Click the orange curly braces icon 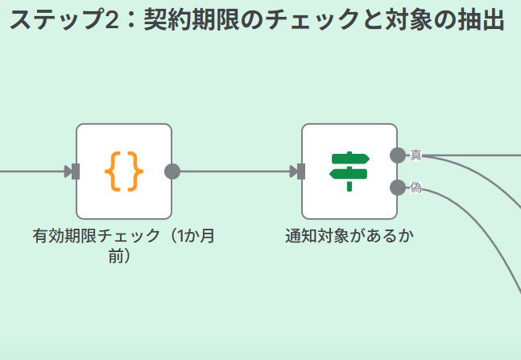pyautogui.click(x=124, y=172)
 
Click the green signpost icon pyautogui.click(x=349, y=172)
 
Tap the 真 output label pyautogui.click(x=416, y=155)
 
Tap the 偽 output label pyautogui.click(x=416, y=188)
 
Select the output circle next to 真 pyautogui.click(x=398, y=155)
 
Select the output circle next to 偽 pyautogui.click(x=398, y=188)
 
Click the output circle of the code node pyautogui.click(x=172, y=172)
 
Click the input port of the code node pyautogui.click(x=76, y=172)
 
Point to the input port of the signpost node pyautogui.click(x=301, y=172)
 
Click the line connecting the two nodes pyautogui.click(x=234, y=172)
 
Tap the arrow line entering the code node pyautogui.click(x=32, y=172)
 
